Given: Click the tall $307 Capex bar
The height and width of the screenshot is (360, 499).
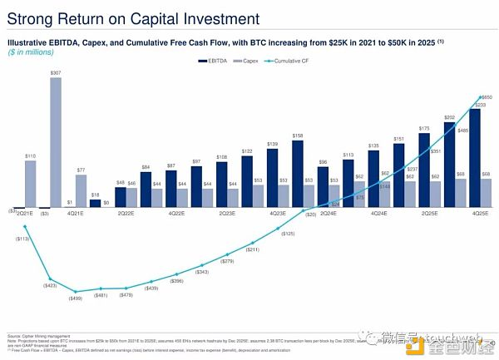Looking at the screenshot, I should (57, 142).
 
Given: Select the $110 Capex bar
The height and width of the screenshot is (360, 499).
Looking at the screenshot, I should (31, 183).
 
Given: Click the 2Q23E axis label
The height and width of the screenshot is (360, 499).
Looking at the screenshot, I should (227, 215).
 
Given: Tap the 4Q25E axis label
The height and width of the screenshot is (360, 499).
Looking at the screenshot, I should (481, 215).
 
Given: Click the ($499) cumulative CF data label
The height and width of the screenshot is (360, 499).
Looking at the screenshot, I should (75, 298).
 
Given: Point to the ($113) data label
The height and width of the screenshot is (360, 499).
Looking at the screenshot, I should (22, 238).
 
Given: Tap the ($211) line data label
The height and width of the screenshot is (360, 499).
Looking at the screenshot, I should (253, 249).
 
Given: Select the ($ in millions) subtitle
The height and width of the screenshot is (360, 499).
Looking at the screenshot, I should (31, 52).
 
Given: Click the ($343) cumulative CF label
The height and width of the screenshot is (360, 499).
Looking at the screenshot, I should (201, 272).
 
